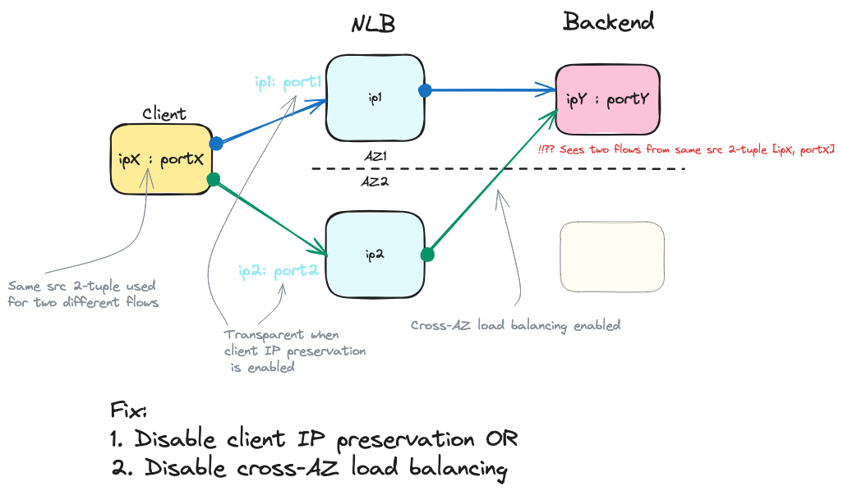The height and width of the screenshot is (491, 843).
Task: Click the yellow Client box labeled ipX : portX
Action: [x=161, y=160]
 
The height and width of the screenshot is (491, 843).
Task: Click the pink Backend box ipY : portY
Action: [x=608, y=100]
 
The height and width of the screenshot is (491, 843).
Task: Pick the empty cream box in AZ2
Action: [x=611, y=256]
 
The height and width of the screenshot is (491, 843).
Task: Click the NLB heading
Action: [x=373, y=24]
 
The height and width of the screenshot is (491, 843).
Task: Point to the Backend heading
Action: [x=608, y=22]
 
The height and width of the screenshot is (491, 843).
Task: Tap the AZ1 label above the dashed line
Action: [x=375, y=155]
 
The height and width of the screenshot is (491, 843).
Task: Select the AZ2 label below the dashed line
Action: [x=375, y=181]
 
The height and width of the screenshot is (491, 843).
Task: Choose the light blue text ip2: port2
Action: [x=278, y=269]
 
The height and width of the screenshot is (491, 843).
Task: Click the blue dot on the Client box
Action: [x=216, y=143]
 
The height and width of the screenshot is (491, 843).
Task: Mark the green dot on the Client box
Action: [x=214, y=179]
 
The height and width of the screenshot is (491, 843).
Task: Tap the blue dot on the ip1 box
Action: [x=424, y=90]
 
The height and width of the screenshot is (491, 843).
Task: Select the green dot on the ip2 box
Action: [x=426, y=255]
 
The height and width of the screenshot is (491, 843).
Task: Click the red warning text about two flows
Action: [x=686, y=150]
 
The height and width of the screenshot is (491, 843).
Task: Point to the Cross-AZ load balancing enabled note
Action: [x=515, y=325]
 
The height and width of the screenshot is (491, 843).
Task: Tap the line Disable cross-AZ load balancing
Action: [x=310, y=469]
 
